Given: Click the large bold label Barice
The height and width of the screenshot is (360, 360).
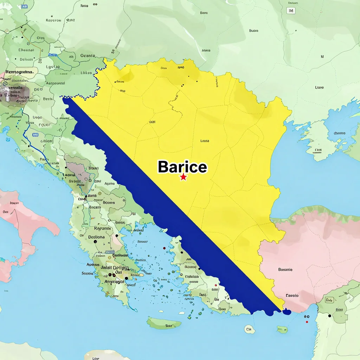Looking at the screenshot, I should [x=182, y=167].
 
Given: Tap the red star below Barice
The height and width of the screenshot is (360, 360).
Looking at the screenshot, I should [x=183, y=177].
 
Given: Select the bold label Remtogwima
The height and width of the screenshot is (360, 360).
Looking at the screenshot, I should [x=19, y=72].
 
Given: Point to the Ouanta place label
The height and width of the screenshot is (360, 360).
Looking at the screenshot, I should [x=88, y=56].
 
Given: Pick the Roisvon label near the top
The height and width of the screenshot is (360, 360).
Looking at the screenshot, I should [x=54, y=20].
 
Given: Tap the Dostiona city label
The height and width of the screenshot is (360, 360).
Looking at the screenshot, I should [x=96, y=237].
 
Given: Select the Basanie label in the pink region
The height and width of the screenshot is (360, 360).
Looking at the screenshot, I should [x=285, y=270].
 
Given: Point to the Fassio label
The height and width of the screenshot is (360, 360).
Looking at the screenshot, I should [x=292, y=295].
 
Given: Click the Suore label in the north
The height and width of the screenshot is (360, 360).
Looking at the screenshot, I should [x=253, y=31].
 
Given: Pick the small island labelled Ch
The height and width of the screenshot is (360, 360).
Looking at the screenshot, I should [x=249, y=329].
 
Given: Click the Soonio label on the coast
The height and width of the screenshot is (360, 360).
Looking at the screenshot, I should [x=87, y=273].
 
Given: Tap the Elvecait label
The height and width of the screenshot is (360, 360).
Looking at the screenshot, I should [x=26, y=50].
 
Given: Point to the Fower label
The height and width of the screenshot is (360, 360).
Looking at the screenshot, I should [x=44, y=124].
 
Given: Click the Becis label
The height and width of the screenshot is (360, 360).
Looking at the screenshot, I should [x=48, y=99].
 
